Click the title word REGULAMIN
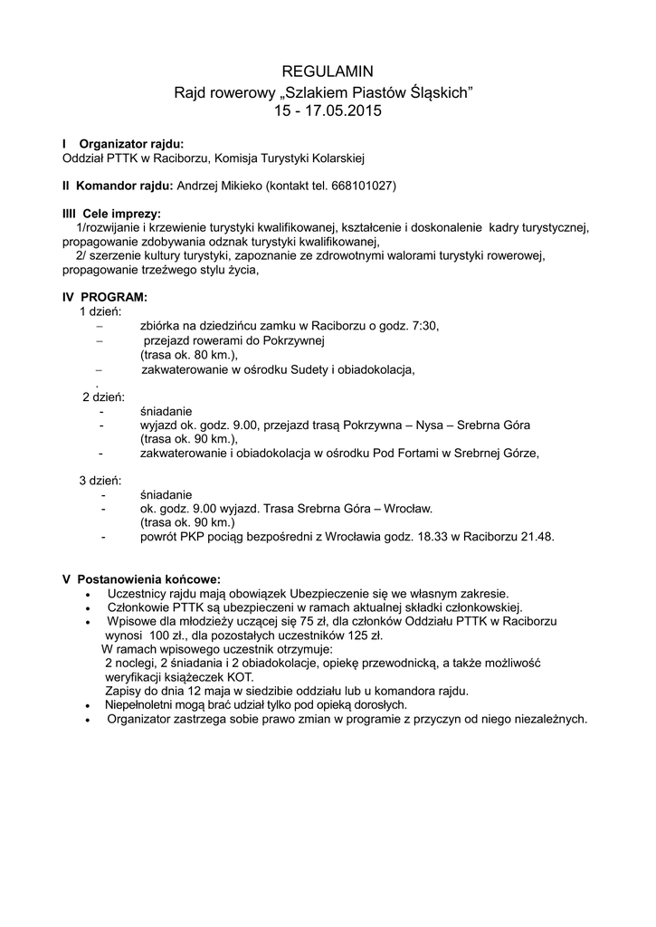tap(328, 71)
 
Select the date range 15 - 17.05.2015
tap(328, 111)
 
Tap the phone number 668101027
tap(360, 186)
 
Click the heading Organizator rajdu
tap(131, 144)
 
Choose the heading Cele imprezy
tap(121, 214)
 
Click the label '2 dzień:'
tap(103, 397)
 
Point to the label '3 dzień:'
tap(100, 480)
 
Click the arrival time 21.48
tap(536, 537)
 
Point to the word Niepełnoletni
tap(143, 704)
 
